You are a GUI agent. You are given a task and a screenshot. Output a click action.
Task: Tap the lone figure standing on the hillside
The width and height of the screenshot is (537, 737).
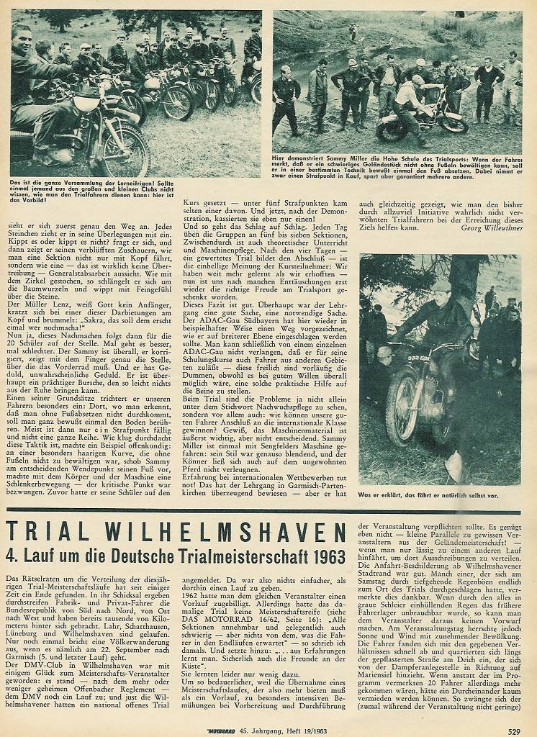click(x=353, y=31)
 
